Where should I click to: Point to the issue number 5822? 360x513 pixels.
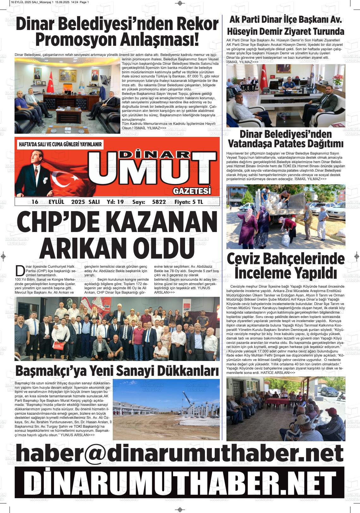[x=159, y=202]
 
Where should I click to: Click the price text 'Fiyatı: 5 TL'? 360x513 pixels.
[x=189, y=202]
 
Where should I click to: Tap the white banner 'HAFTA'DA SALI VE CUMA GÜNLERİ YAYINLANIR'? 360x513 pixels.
[x=60, y=144]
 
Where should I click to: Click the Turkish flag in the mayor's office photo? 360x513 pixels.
[x=51, y=82]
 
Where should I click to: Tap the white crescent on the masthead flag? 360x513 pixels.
[x=59, y=183]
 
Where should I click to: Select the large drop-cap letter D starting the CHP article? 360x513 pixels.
[x=20, y=271]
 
